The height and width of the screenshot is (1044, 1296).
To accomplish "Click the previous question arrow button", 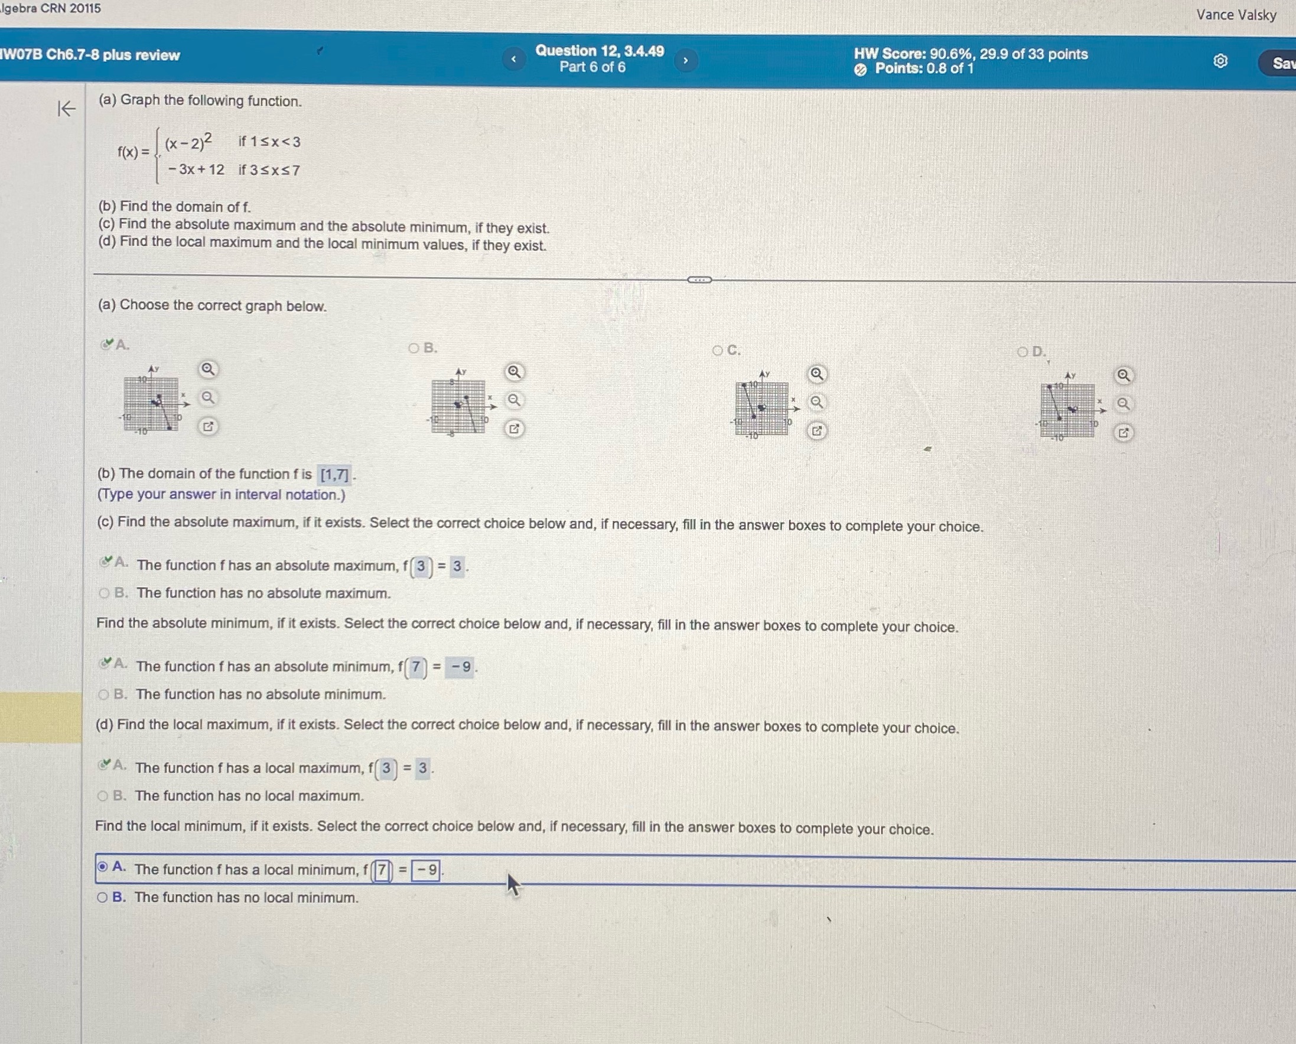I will point(513,59).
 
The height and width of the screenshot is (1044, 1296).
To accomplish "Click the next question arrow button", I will point(685,60).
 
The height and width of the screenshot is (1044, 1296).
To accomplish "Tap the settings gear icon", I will point(1220,61).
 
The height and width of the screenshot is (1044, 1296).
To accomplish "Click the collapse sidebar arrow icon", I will point(66,109).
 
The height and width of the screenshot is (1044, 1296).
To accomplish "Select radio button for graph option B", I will point(413,348).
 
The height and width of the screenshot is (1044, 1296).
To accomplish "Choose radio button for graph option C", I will point(717,350).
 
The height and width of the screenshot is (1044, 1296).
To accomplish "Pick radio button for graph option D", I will point(1023,352).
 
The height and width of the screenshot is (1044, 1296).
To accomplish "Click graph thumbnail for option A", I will point(152,403).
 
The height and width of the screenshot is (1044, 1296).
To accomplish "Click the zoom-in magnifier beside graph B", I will point(514,372).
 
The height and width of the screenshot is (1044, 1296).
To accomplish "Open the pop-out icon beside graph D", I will point(1123,433).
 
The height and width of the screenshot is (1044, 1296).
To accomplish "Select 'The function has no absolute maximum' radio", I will point(104,593).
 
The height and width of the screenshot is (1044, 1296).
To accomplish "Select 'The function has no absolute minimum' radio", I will point(103,694).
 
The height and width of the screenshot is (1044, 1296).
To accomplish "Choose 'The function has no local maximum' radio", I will point(103,796).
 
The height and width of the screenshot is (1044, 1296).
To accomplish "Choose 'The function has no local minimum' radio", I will point(103,898).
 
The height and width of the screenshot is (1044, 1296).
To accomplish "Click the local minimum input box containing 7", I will point(382,870).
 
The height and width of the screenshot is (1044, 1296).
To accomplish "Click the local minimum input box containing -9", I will point(426,870).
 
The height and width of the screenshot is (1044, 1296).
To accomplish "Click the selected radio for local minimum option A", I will point(103,867).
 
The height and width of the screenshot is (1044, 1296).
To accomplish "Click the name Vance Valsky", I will point(1236,14).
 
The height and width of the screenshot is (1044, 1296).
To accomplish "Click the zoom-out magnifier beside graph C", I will point(816,402).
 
